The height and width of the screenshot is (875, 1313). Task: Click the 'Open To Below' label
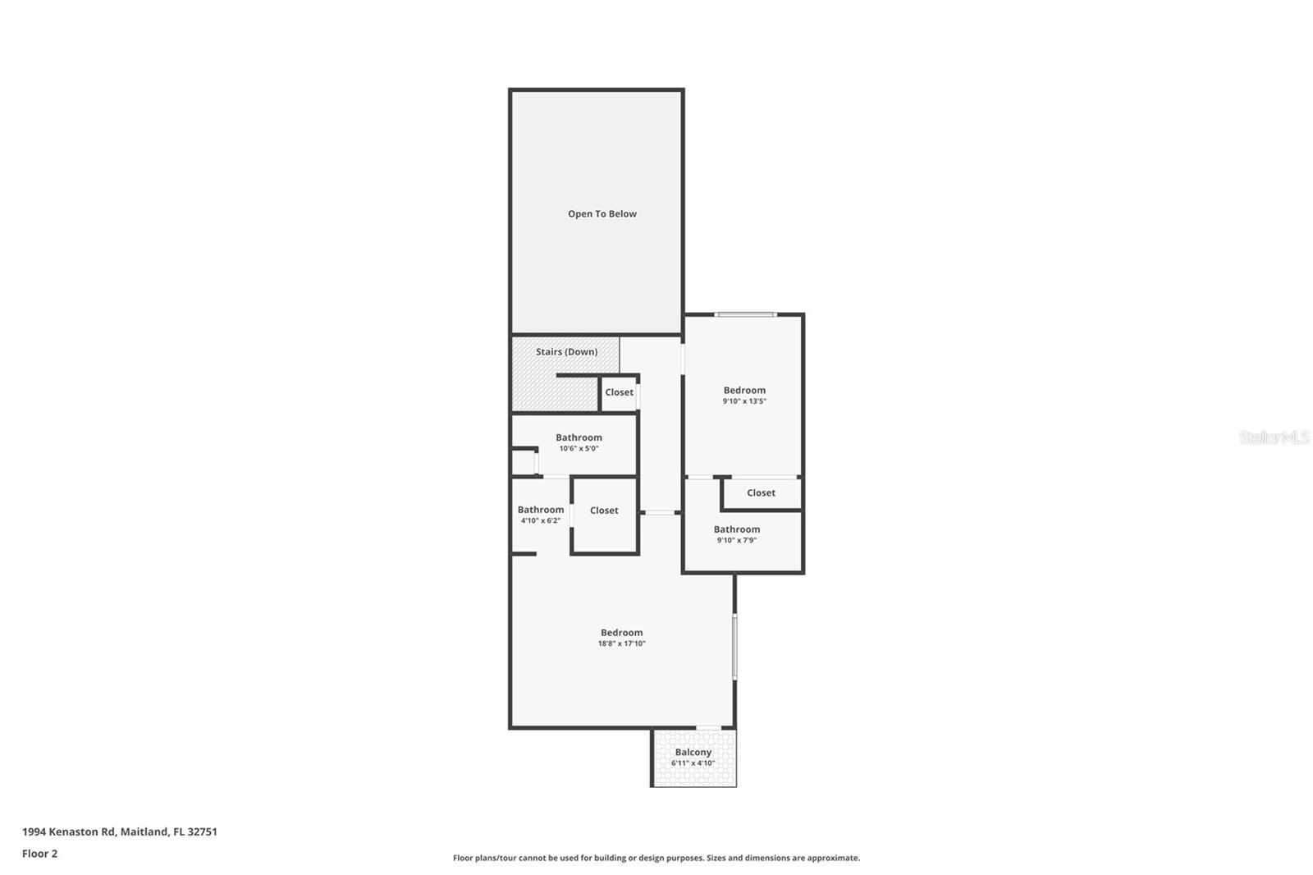pyautogui.click(x=602, y=213)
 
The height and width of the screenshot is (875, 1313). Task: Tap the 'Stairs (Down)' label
pyautogui.click(x=566, y=351)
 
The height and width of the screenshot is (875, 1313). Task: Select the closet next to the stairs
pyautogui.click(x=619, y=392)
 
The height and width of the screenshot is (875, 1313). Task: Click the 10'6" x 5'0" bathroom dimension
pyautogui.click(x=579, y=449)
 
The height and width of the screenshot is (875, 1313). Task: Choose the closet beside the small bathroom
pyautogui.click(x=604, y=511)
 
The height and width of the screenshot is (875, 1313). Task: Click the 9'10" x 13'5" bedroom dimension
pyautogui.click(x=744, y=401)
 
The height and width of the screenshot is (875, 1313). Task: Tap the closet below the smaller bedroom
pyautogui.click(x=761, y=493)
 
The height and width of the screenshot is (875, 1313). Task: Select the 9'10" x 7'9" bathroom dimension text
pyautogui.click(x=736, y=540)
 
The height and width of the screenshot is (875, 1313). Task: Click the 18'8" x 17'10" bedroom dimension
pyautogui.click(x=621, y=644)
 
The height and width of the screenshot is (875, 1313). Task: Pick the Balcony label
pyautogui.click(x=693, y=752)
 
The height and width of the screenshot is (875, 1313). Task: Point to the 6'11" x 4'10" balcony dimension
pyautogui.click(x=693, y=763)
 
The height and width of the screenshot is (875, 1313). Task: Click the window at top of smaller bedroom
pyautogui.click(x=744, y=314)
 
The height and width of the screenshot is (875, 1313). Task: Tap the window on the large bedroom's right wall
pyautogui.click(x=734, y=646)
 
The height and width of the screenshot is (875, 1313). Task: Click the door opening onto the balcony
pyautogui.click(x=708, y=728)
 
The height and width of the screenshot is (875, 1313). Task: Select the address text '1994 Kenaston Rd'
pyautogui.click(x=69, y=831)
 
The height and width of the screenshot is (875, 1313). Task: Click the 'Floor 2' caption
pyautogui.click(x=39, y=854)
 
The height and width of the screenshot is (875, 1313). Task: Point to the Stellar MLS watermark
pyautogui.click(x=1274, y=438)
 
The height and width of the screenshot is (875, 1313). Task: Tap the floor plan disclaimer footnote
pyautogui.click(x=656, y=858)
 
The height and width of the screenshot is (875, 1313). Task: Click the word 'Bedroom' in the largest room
pyautogui.click(x=621, y=633)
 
